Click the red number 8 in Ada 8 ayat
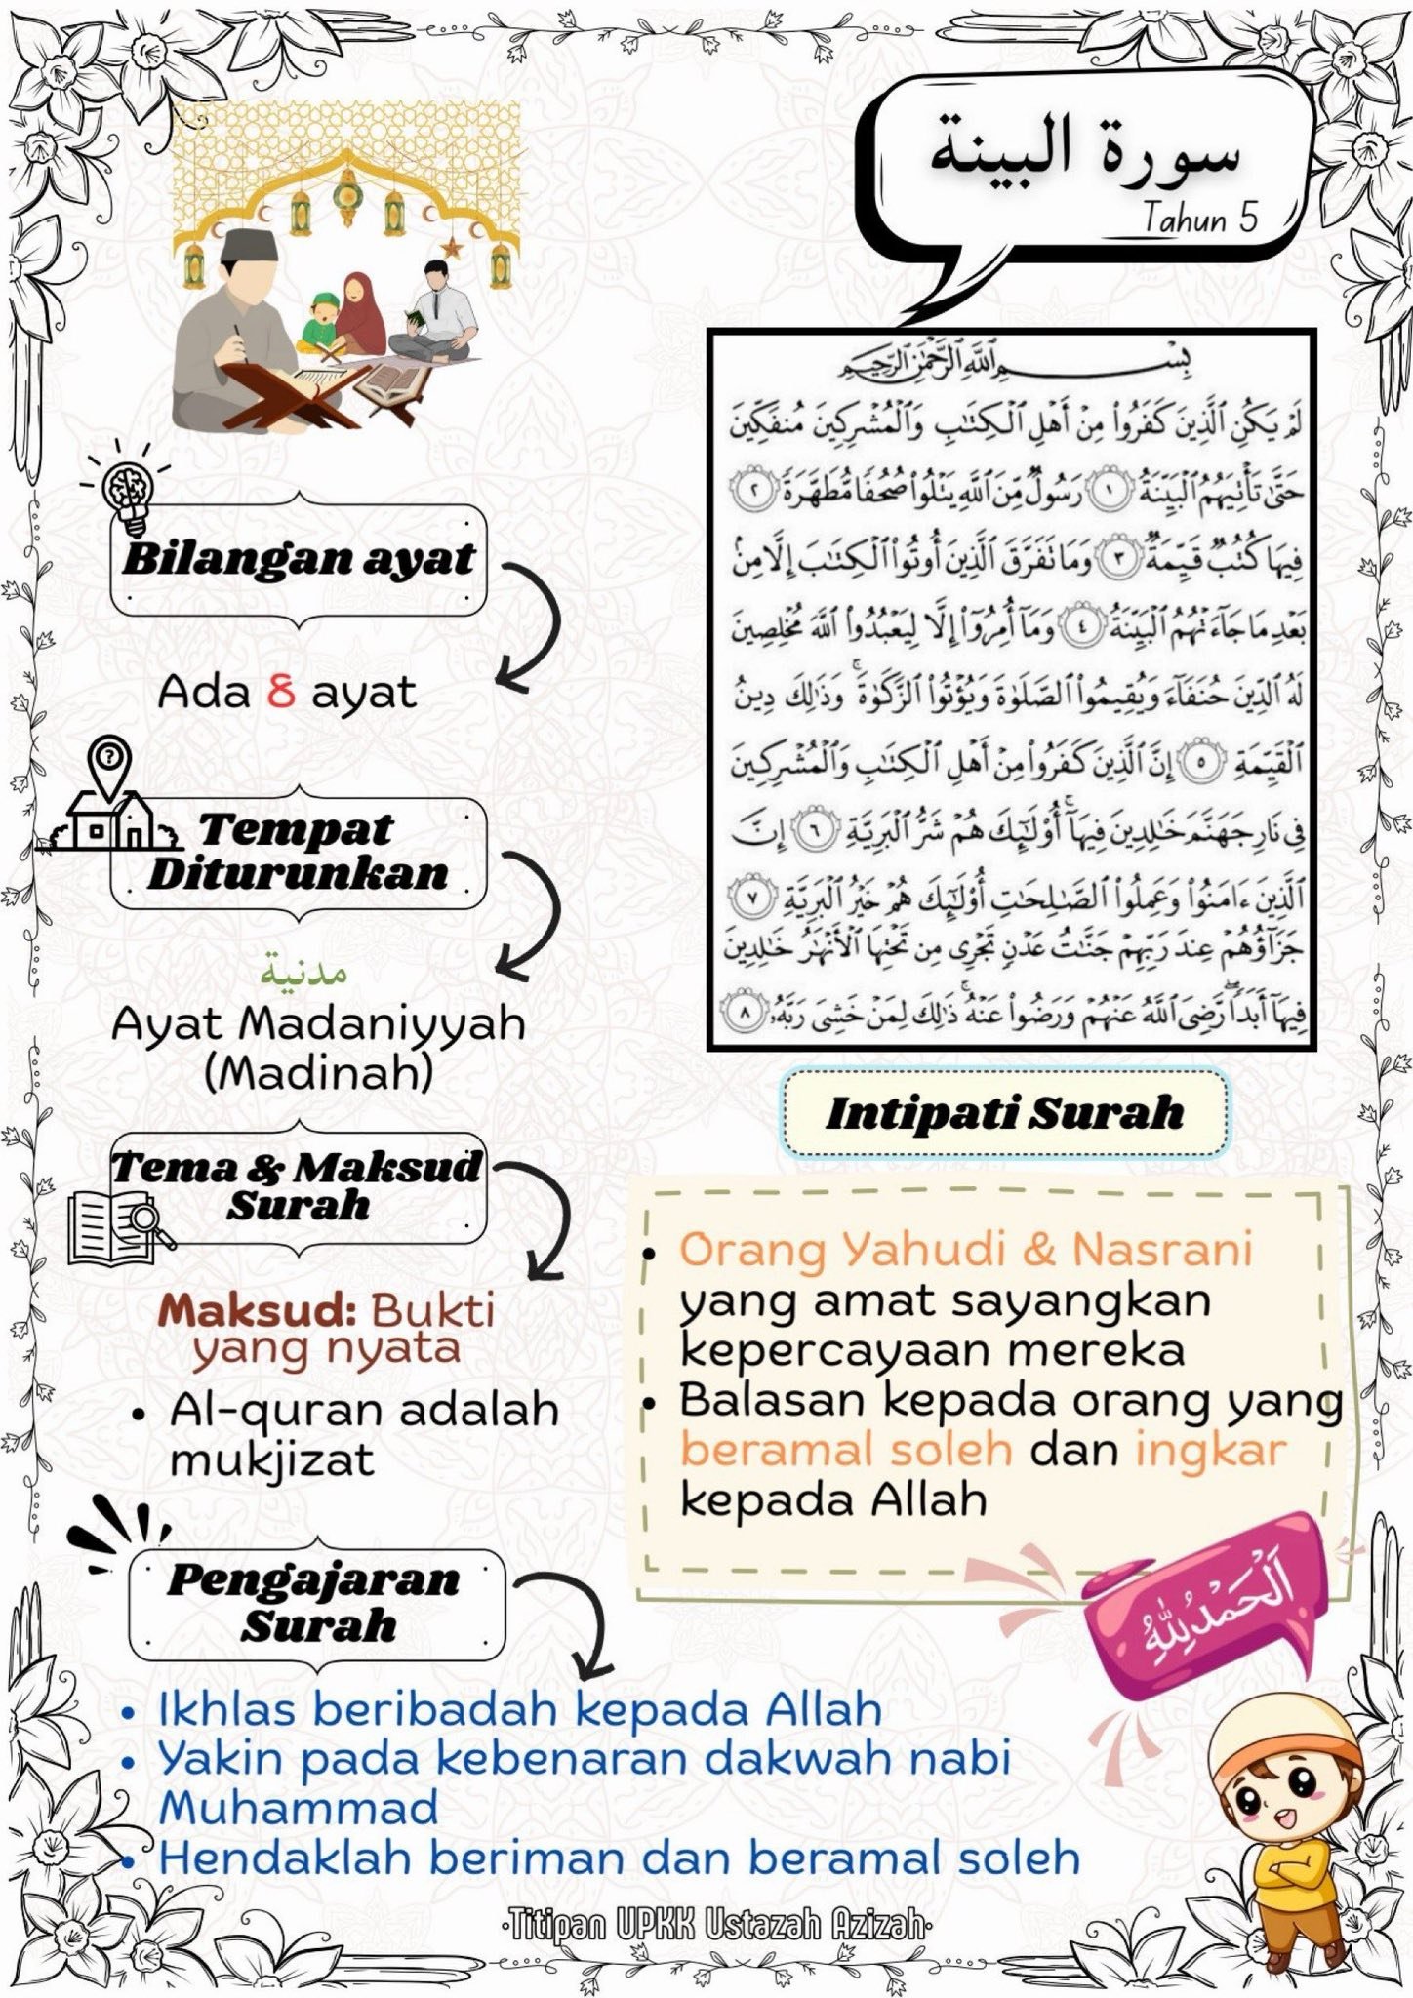[281, 692]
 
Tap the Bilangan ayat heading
[299, 560]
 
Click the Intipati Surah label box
[1004, 1113]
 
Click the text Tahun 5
[1200, 219]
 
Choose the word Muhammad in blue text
[299, 1808]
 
